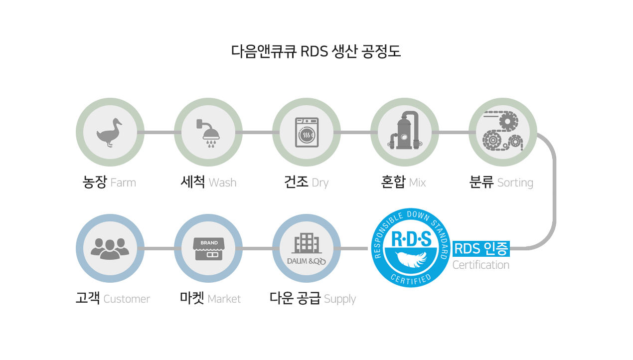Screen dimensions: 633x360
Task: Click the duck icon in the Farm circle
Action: tap(109, 133)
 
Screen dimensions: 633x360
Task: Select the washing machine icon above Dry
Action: tap(307, 132)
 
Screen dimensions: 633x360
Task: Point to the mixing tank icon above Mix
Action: tap(405, 130)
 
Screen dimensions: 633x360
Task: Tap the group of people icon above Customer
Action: tap(110, 249)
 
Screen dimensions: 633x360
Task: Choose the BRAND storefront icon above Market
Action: tap(209, 249)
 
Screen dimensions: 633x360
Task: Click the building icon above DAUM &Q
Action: tap(307, 243)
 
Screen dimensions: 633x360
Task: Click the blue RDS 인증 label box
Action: tap(481, 249)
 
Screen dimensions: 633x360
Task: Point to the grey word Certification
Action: tap(480, 265)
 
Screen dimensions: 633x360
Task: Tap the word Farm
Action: tap(123, 182)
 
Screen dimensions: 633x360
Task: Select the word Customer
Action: tap(127, 299)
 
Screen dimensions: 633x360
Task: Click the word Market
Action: tap(224, 299)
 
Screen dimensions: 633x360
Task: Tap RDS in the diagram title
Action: tap(314, 51)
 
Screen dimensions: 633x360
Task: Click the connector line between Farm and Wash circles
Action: tap(159, 132)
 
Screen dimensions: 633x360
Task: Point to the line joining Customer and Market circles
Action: tap(159, 249)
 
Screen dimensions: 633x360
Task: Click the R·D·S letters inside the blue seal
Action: tap(411, 239)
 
